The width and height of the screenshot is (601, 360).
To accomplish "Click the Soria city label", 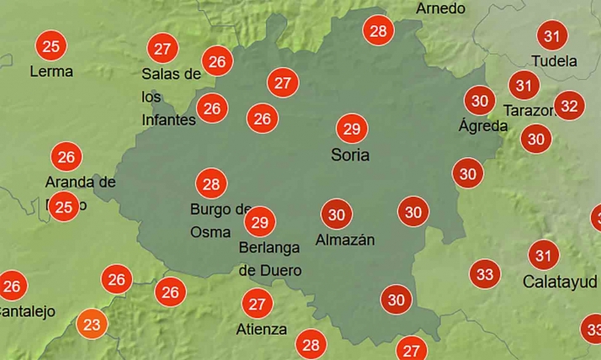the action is tap(350, 156).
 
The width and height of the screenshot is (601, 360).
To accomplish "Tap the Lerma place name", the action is tap(51, 71).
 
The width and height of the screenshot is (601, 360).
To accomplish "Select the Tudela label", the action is tap(555, 61).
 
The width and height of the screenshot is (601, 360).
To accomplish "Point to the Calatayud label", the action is tap(560, 281).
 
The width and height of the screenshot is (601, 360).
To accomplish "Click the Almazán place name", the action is tap(344, 240).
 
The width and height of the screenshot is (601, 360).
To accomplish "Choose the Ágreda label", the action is tap(483, 126).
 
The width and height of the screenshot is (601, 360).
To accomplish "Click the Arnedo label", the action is tap(440, 8).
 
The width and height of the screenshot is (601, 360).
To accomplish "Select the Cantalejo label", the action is tap(25, 311).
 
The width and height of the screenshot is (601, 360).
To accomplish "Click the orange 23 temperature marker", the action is tap(93, 324).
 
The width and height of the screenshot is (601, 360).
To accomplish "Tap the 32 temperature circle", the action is tap(570, 106).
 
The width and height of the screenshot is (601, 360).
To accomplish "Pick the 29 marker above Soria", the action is tap(352, 129).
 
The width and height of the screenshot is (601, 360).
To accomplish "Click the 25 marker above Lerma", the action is tap(51, 45).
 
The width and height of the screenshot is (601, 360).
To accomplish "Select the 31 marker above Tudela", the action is tap(552, 35).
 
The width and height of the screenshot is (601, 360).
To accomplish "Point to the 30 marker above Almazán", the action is tap(337, 214).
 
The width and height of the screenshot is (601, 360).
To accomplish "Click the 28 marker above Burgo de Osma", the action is tap(210, 183).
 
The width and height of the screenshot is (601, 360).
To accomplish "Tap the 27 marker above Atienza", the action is tap(257, 304).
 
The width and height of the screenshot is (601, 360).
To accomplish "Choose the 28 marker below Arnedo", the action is tap(379, 31).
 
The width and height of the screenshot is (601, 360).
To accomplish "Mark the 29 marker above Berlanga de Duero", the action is tap(260, 222).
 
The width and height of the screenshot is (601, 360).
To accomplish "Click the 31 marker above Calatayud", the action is tap(544, 255).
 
